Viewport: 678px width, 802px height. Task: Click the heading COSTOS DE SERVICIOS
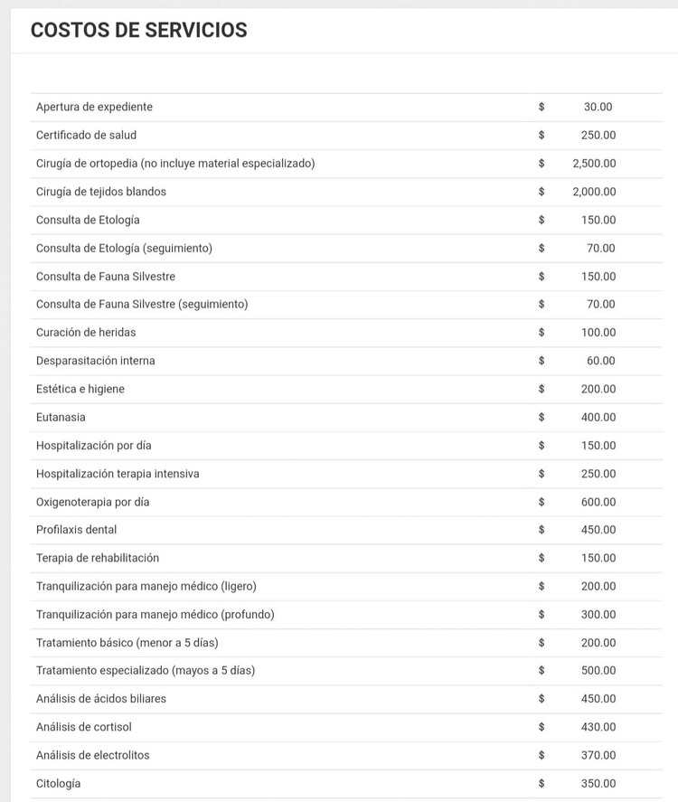pos(138,30)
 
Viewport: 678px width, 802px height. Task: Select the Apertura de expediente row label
pos(94,107)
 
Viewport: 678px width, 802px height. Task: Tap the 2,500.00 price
pos(594,164)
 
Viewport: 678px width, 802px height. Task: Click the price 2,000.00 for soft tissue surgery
pos(594,192)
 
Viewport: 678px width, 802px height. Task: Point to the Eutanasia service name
pos(61,417)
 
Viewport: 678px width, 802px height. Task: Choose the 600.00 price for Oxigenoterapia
pos(598,502)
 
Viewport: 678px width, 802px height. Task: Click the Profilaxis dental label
pos(76,530)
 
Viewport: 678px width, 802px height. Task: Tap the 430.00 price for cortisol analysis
pos(598,727)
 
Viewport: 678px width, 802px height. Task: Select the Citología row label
pos(58,783)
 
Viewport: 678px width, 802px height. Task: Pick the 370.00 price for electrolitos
pos(598,755)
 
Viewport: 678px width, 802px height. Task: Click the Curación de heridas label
pos(86,333)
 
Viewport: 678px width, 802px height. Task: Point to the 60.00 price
pos(601,361)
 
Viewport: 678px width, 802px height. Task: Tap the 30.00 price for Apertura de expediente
pos(598,107)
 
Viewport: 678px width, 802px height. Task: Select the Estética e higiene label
pos(80,389)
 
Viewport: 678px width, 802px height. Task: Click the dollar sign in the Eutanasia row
pos(541,417)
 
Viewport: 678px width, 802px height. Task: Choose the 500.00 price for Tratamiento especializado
pos(598,671)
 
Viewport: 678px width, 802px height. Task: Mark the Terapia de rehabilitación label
pos(98,558)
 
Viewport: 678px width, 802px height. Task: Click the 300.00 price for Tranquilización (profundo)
pos(598,615)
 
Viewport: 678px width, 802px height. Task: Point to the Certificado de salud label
pos(86,135)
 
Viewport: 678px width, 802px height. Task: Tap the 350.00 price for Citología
pos(598,783)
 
